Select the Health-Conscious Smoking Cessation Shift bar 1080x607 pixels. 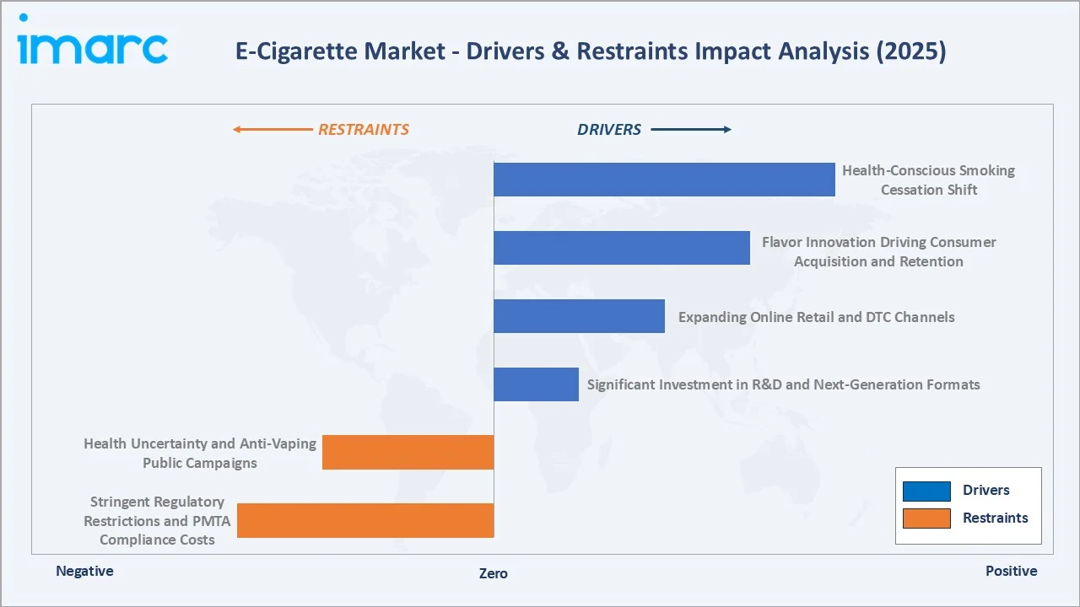point(664,180)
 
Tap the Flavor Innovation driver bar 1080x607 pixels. point(621,248)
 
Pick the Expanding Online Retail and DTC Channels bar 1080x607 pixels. point(579,316)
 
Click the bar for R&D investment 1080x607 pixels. point(536,384)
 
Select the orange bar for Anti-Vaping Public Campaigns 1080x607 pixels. point(408,452)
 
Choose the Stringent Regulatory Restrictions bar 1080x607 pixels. point(365,520)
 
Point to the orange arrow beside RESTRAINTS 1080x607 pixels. point(272,130)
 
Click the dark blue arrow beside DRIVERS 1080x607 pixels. point(691,130)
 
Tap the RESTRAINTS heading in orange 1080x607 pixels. point(363,130)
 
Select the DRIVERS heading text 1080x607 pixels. point(609,130)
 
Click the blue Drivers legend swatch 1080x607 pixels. point(926,491)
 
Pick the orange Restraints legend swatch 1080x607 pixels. point(926,518)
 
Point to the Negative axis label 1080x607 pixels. point(84,571)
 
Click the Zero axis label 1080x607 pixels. point(494,573)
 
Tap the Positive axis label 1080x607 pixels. point(1011,571)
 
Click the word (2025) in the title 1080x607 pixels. point(913,51)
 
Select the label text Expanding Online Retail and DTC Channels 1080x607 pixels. point(816,317)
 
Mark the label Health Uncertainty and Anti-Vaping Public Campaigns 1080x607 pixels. point(200,453)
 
